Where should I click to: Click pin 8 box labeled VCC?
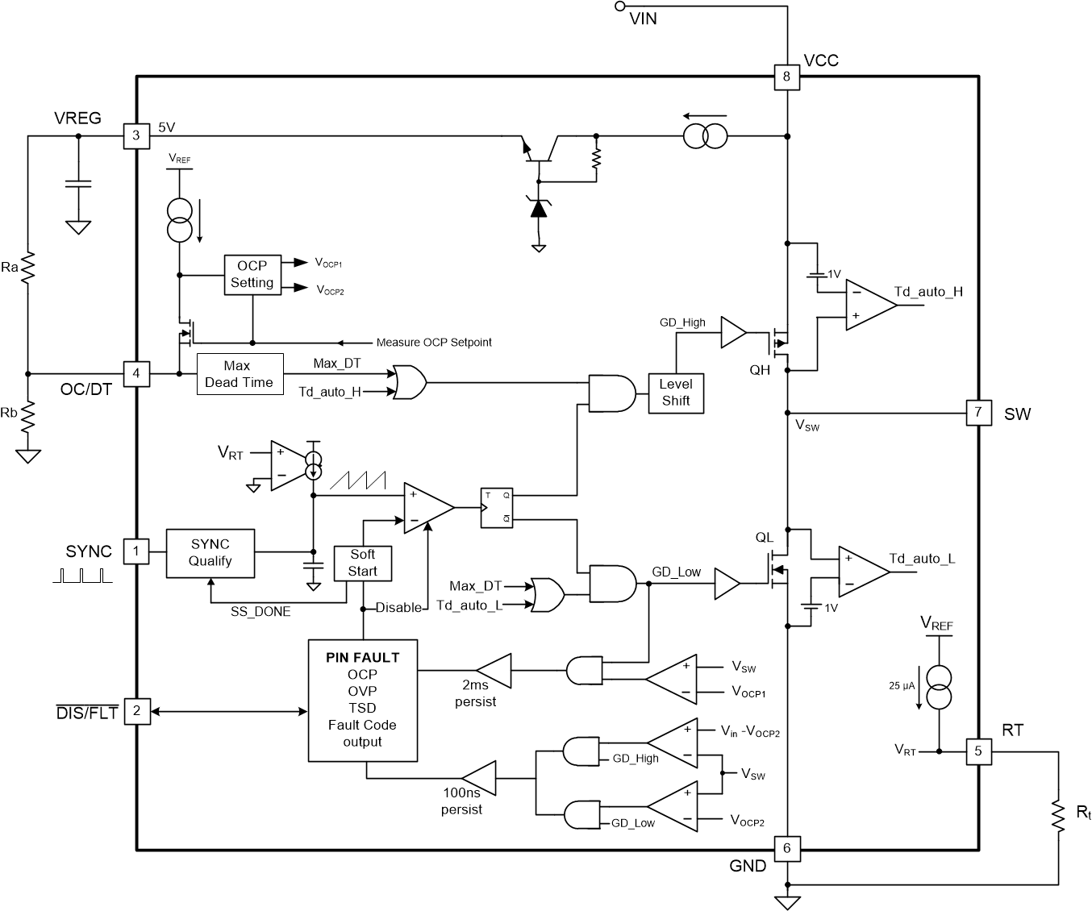pos(786,77)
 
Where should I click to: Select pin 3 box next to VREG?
pos(136,135)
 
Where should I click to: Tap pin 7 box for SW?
pos(978,413)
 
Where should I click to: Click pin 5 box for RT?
pos(978,751)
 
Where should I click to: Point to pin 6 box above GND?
pos(786,848)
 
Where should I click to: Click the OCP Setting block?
pos(252,274)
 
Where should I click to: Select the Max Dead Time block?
pos(240,374)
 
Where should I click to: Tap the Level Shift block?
pos(676,393)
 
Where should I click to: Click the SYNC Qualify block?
pos(210,553)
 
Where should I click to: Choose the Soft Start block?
pos(362,563)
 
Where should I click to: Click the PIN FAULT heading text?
pos(362,657)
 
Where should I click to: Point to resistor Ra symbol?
pos(27,267)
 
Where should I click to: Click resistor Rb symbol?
pos(27,415)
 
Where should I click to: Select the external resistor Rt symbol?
pos(1058,813)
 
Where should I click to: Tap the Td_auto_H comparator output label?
pos(928,292)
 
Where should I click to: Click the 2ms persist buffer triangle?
pos(495,669)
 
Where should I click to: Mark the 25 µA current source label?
pos(902,685)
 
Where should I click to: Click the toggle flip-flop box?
pos(497,508)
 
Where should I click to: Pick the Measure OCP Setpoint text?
pos(434,343)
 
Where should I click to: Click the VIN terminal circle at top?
pos(620,6)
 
